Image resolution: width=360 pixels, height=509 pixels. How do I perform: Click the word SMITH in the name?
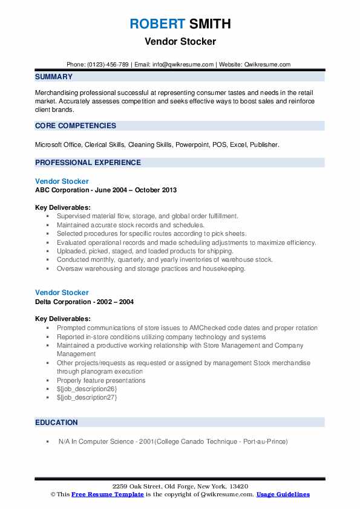209,24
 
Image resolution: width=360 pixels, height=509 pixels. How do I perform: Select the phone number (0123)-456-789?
108,64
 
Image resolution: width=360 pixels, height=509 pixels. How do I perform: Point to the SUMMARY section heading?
54,77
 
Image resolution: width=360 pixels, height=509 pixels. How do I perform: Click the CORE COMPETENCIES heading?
76,126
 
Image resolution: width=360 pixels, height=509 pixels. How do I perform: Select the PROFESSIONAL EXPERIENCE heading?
88,163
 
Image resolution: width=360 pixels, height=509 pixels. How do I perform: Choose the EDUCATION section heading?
56,423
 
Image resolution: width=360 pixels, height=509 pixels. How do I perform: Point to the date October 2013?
155,190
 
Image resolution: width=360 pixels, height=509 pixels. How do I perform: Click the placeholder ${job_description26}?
87,389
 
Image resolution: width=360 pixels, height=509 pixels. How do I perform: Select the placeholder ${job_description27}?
87,398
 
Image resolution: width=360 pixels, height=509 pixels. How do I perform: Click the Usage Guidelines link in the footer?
283,494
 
